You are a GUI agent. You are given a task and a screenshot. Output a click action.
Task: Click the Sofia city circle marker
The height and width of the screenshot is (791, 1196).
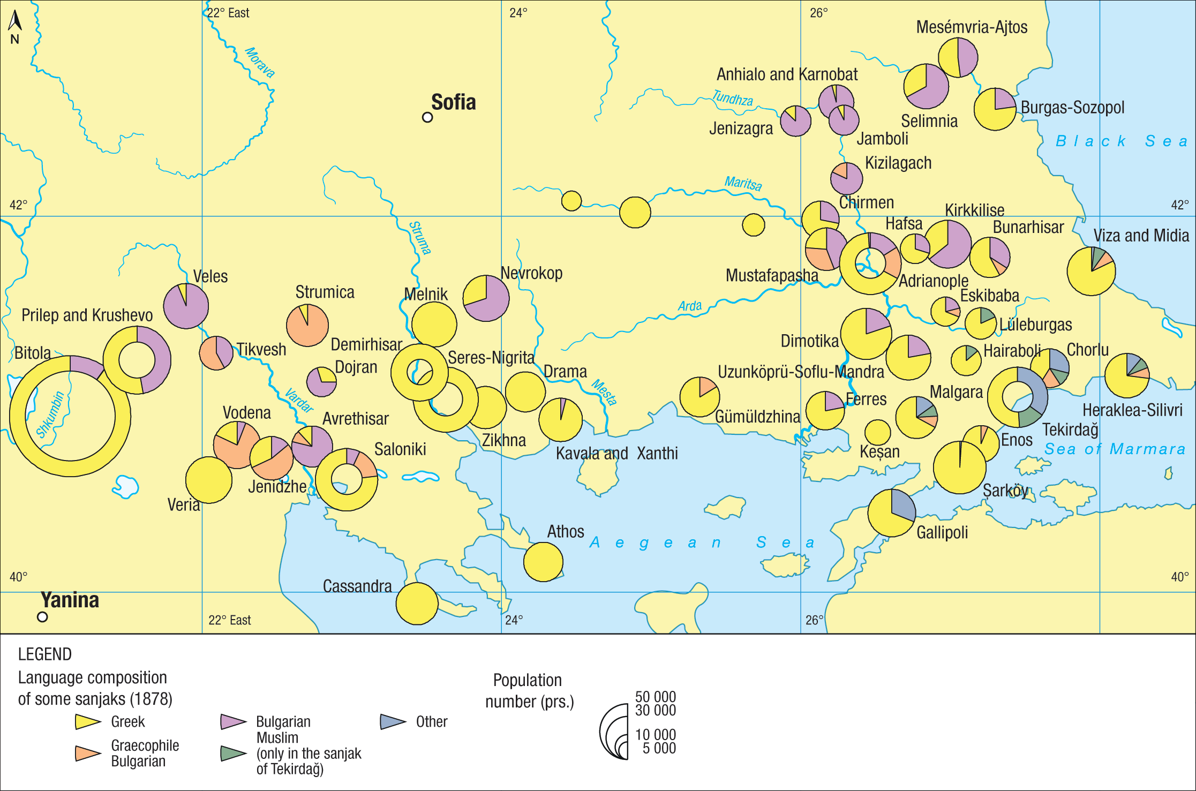click(427, 117)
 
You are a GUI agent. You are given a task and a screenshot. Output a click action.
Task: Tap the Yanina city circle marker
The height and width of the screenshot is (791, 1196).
click(42, 617)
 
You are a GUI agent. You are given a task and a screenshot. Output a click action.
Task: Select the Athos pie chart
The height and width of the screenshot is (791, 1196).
click(543, 562)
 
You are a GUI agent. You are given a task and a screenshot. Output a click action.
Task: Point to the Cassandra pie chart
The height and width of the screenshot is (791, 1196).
click(417, 604)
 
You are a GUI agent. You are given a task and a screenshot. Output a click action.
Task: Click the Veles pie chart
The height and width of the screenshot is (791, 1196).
click(186, 306)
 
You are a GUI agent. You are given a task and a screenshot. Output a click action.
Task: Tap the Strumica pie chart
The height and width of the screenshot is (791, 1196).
click(307, 325)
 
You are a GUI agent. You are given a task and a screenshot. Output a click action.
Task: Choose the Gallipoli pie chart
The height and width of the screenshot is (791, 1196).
click(892, 513)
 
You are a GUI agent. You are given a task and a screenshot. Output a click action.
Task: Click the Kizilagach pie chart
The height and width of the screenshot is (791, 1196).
click(846, 178)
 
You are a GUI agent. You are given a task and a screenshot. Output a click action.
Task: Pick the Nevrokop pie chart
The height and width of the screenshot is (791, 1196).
click(486, 298)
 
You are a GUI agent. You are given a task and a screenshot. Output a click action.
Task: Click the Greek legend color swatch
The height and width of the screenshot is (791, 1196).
click(88, 722)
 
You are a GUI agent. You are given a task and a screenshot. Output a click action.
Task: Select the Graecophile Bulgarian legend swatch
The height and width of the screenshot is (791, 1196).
click(88, 753)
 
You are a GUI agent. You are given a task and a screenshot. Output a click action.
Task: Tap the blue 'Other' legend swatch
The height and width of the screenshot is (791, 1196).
click(393, 722)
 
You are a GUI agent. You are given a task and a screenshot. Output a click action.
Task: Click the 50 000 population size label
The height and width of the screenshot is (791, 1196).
click(656, 697)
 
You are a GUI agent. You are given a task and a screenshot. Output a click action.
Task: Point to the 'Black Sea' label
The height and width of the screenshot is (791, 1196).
click(1122, 141)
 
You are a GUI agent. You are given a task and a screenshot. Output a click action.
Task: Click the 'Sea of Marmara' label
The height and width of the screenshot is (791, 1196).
click(1115, 449)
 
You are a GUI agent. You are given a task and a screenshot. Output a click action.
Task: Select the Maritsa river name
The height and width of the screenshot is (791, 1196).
click(743, 183)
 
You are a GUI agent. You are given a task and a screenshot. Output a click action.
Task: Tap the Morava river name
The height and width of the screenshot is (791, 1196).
click(260, 63)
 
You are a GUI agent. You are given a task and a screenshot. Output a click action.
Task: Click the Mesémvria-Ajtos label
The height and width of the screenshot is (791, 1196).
click(972, 27)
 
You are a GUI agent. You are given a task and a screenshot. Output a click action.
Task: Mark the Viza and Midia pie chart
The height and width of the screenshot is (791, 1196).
click(1091, 271)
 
